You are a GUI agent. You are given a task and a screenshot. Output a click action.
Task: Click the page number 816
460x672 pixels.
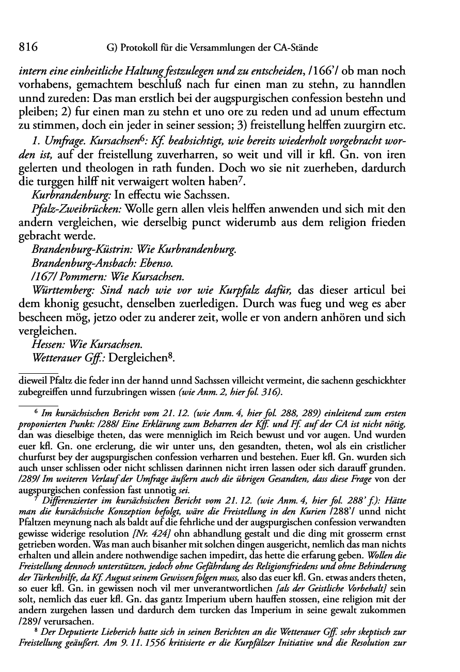tap(29, 48)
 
